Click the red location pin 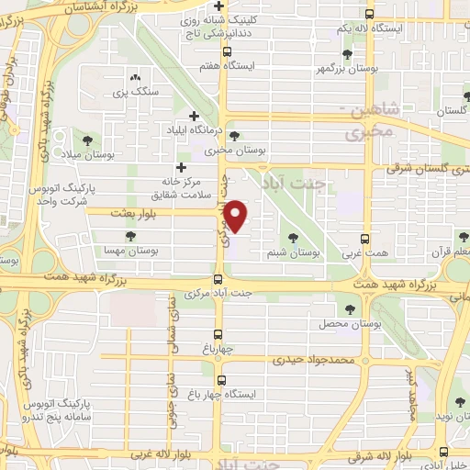click(237, 216)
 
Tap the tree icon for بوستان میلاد click(87, 140)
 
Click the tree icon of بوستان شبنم click(293, 238)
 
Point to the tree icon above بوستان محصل click(349, 308)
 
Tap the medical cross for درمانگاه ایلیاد click(194, 116)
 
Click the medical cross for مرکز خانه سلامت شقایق click(181, 168)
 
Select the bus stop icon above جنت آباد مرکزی click(218, 279)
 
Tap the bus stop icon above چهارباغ click(218, 334)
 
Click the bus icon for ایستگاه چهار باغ click(223, 378)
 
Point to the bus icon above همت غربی click(364, 238)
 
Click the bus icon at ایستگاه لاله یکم click(369, 14)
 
